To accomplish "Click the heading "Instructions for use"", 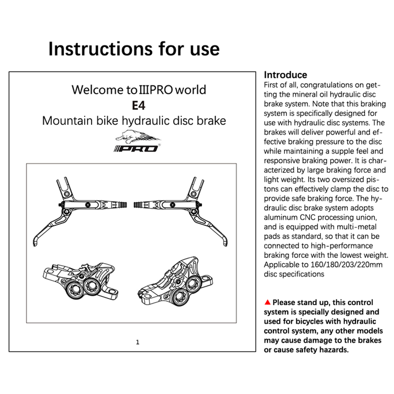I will (134, 49).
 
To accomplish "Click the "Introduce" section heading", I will (285, 75).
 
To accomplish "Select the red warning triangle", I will (268, 302).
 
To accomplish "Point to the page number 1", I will (138, 342).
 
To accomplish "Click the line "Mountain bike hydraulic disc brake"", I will (134, 120).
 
